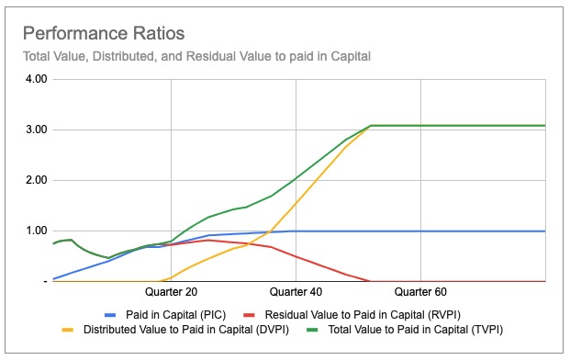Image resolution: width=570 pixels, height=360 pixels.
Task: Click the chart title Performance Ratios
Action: pos(103,34)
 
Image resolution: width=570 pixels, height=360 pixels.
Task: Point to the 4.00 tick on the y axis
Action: pos(34,80)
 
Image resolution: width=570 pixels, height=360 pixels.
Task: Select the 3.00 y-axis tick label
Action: pos(34,130)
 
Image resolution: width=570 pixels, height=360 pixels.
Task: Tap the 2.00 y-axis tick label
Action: pos(34,181)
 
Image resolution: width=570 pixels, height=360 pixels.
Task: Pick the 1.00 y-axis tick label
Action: pos(34,231)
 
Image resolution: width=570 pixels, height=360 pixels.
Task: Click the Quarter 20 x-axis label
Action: pos(172,292)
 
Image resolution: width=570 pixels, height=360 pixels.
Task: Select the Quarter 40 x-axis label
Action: pos(296,292)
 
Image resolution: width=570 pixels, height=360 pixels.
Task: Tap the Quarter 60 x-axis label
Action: pos(421,292)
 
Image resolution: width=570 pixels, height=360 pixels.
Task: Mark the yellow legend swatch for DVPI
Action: pos(69,329)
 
